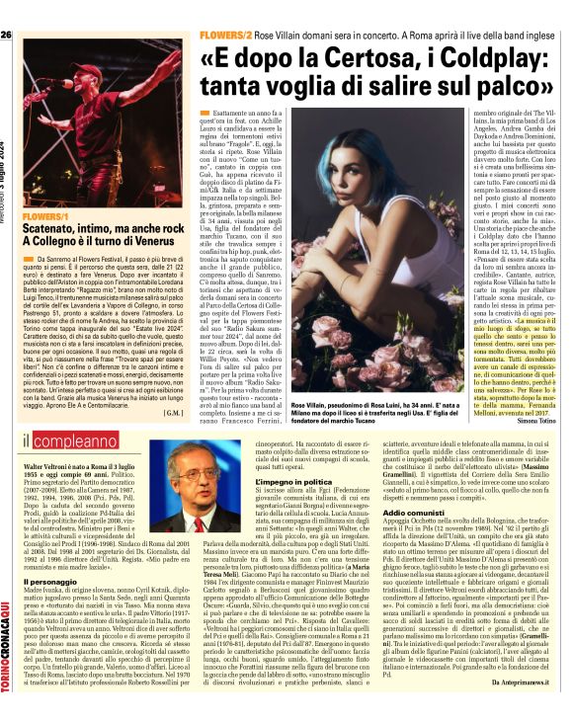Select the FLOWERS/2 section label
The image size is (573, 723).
pyautogui.click(x=225, y=34)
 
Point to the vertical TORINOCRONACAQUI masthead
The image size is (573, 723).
pyautogui.click(x=8, y=643)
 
